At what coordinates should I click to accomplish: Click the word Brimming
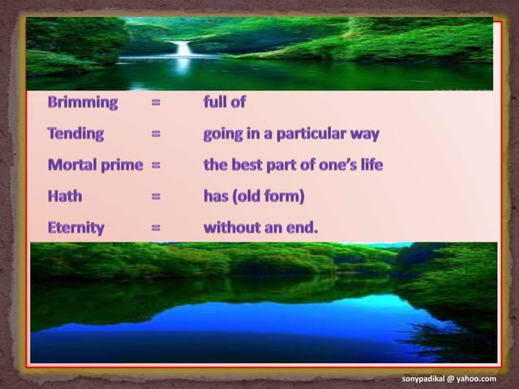[82, 103]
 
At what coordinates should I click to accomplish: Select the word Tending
[76, 133]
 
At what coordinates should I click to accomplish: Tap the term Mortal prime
[95, 165]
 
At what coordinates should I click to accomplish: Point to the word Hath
[64, 196]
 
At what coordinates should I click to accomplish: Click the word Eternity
[76, 228]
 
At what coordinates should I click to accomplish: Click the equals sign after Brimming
[155, 103]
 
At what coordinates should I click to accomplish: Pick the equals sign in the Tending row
[155, 133]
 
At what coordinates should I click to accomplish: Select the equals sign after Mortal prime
[155, 165]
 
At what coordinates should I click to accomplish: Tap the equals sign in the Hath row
[155, 196]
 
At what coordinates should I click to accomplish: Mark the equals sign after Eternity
[155, 228]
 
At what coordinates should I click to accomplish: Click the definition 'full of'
[225, 103]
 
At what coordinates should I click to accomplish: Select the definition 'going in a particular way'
[291, 133]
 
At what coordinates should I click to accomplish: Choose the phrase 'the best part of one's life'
[293, 165]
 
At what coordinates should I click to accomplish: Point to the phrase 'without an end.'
[260, 228]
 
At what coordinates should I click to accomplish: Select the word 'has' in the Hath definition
[217, 196]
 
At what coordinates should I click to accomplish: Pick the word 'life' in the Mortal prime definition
[368, 165]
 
